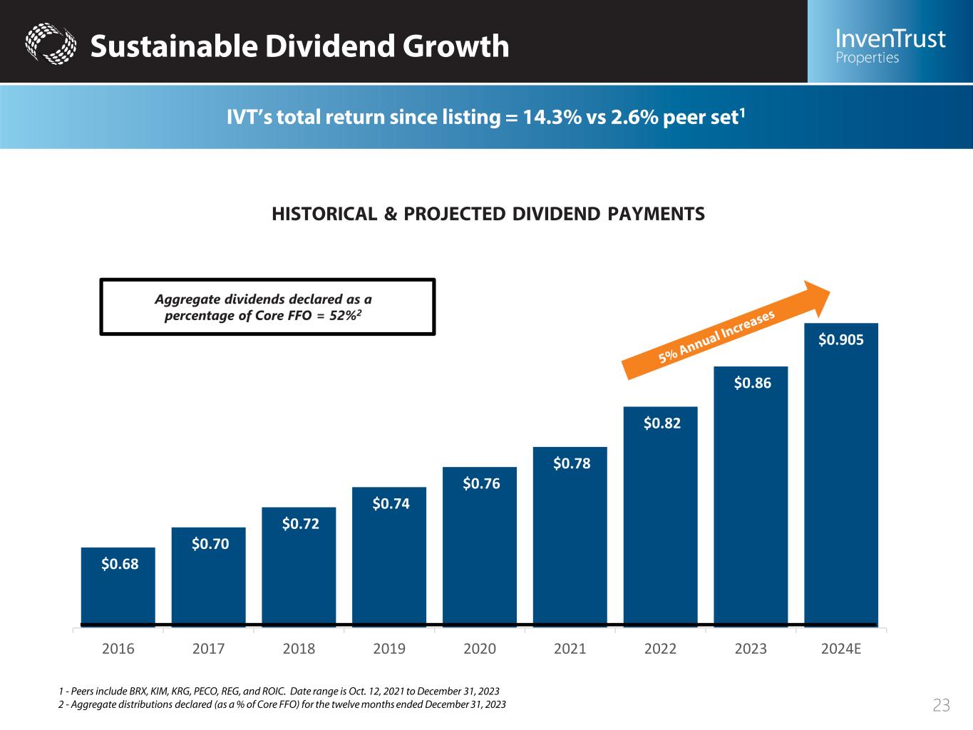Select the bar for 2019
pyautogui.click(x=389, y=556)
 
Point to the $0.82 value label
pyautogui.click(x=662, y=423)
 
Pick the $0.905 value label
pyautogui.click(x=841, y=340)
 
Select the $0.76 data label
pyautogui.click(x=481, y=484)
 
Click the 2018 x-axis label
pyautogui.click(x=299, y=649)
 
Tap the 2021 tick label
pyautogui.click(x=570, y=649)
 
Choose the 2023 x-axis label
pyautogui.click(x=751, y=649)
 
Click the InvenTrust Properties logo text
pyautogui.click(x=890, y=46)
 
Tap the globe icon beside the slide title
pyautogui.click(x=50, y=44)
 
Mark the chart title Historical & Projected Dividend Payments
pyautogui.click(x=488, y=213)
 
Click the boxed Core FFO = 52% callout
pyautogui.click(x=267, y=307)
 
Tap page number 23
pyautogui.click(x=942, y=706)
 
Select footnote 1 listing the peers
pyautogui.click(x=279, y=692)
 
